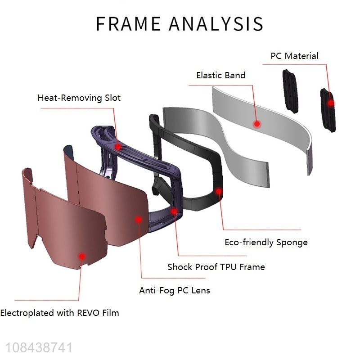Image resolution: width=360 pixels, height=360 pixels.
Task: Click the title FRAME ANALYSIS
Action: pos(180,24)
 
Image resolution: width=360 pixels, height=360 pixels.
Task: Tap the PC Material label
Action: pos(294,56)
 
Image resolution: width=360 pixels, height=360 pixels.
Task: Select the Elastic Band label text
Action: pos(221,75)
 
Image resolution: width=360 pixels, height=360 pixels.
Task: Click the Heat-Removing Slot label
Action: pos(79,98)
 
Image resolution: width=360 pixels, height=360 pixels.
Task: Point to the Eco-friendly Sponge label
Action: pos(266,243)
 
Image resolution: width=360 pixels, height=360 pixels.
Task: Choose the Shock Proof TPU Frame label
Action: pos(216,267)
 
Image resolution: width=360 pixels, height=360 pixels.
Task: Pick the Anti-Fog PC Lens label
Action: pos(174,290)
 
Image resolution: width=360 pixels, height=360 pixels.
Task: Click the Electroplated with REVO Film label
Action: pos(59,313)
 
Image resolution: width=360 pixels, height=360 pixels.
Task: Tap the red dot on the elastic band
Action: pos(257,123)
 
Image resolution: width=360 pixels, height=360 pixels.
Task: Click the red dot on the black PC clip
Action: pos(331,103)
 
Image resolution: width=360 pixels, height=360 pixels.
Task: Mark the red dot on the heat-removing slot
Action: pos(118,146)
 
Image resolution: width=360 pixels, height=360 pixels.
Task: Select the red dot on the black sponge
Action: pos(219,191)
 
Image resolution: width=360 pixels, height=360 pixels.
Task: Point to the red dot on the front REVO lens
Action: pos(82,256)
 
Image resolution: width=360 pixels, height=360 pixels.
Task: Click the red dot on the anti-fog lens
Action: pos(139,219)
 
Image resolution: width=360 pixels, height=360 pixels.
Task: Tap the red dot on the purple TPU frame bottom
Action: pos(174,210)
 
